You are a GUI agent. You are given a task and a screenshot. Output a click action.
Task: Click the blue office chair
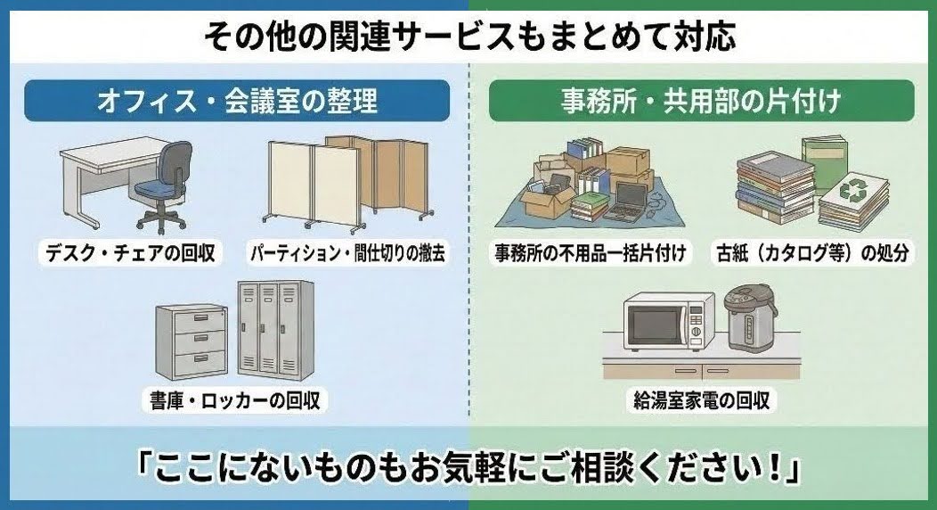[x=164, y=183]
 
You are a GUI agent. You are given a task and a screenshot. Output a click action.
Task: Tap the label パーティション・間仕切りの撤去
[x=347, y=254]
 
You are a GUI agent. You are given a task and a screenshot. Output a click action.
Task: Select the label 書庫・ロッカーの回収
[x=236, y=398]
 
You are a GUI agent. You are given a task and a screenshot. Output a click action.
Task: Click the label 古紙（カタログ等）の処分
[x=811, y=254]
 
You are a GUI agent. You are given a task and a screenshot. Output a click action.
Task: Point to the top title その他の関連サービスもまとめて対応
[x=469, y=37]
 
